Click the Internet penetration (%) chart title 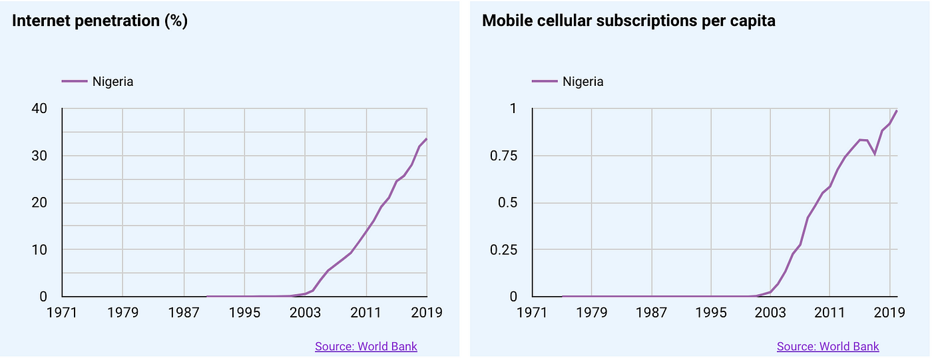click(x=100, y=21)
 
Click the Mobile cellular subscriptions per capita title click(x=628, y=21)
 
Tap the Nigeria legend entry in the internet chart click(x=113, y=82)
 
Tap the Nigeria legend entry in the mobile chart click(x=582, y=82)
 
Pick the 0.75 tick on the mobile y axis click(x=503, y=156)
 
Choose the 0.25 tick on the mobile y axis click(x=503, y=250)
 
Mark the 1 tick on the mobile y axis click(x=513, y=108)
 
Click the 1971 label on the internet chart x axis click(x=62, y=312)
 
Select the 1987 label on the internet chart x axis click(x=184, y=312)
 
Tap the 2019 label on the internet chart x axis click(x=427, y=312)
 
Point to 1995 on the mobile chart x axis click(x=712, y=312)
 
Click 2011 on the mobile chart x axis click(x=829, y=312)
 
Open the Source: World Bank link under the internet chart click(x=366, y=346)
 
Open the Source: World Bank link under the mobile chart click(x=827, y=346)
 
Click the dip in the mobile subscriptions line click(x=875, y=154)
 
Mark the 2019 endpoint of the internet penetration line click(x=427, y=138)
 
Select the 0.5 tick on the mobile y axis click(x=508, y=203)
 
